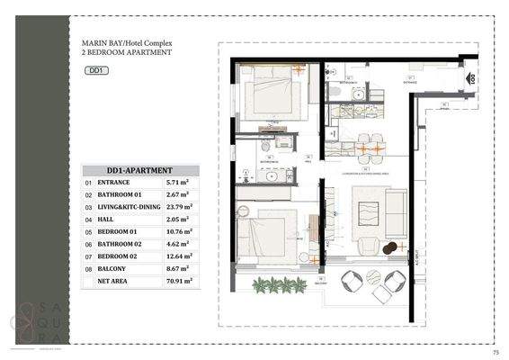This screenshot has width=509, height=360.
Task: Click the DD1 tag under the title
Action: pyautogui.click(x=95, y=70)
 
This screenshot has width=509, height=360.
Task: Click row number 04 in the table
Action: pyautogui.click(x=88, y=219)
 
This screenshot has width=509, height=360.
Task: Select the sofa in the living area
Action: pyautogui.click(x=396, y=213)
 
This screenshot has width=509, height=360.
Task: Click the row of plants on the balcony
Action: pyautogui.click(x=279, y=285)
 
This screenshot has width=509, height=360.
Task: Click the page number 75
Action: pyautogui.click(x=496, y=351)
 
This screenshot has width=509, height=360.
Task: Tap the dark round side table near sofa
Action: pyautogui.click(x=388, y=248)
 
